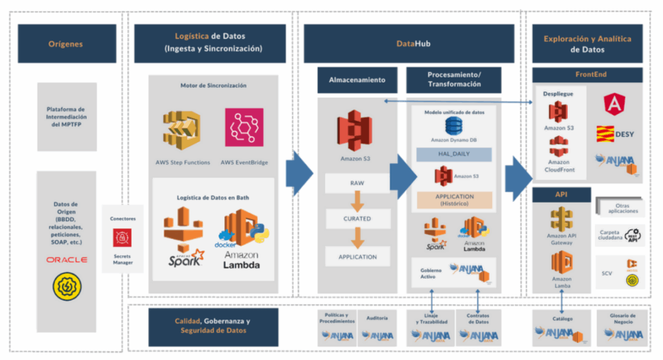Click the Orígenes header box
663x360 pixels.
click(x=66, y=44)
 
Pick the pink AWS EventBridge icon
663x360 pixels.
click(x=243, y=127)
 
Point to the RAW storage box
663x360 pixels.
click(x=357, y=183)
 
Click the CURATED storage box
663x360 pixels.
click(x=357, y=219)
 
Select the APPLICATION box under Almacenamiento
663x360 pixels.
click(x=357, y=256)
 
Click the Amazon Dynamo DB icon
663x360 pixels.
click(x=453, y=125)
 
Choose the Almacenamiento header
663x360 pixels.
click(x=357, y=80)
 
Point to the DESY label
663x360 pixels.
click(x=625, y=134)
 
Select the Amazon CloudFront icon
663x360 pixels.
click(x=558, y=148)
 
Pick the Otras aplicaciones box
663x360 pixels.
click(x=618, y=207)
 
